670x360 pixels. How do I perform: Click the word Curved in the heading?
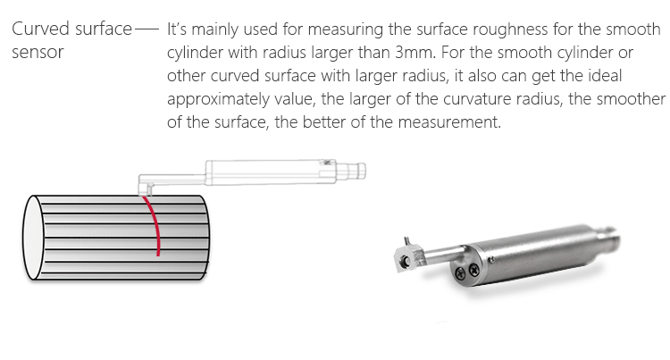[40, 29]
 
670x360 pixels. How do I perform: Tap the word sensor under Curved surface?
[38, 53]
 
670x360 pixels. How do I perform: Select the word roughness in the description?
[510, 29]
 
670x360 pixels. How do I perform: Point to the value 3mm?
[415, 53]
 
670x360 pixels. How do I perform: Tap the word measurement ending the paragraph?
[449, 122]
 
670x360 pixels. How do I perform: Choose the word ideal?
[604, 76]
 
